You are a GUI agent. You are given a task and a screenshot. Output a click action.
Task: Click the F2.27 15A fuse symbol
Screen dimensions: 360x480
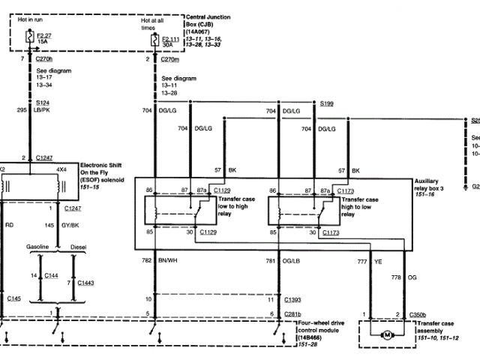(x=29, y=35)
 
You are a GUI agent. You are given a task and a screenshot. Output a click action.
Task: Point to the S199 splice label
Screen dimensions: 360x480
(x=328, y=103)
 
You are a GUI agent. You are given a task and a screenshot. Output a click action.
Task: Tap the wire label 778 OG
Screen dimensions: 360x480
(x=418, y=277)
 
